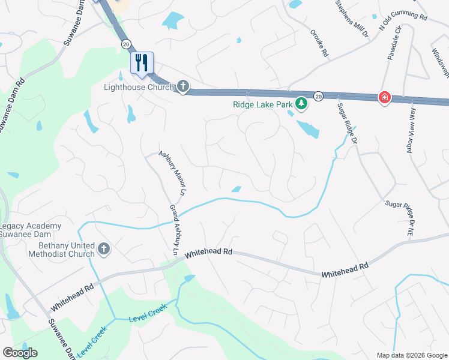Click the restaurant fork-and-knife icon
click(142, 62)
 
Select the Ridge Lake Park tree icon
click(301, 105)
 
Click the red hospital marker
click(384, 97)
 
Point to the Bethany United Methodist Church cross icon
click(104, 249)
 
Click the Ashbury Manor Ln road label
click(173, 173)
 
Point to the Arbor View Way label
click(411, 131)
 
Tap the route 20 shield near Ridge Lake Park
click(318, 96)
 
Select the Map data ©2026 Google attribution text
click(411, 355)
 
